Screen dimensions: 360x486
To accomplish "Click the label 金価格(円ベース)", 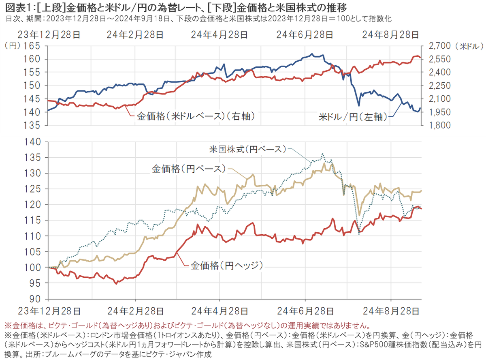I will coord(188,168).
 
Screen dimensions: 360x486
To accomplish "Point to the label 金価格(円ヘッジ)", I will coord(227,266).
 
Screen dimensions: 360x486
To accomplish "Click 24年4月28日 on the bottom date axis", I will coord(219,311).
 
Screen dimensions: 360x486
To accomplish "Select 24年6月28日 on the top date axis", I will coord(305,35).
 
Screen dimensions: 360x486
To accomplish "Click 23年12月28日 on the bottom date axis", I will coord(48,311).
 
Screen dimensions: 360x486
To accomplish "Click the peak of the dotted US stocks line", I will coord(322,154).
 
